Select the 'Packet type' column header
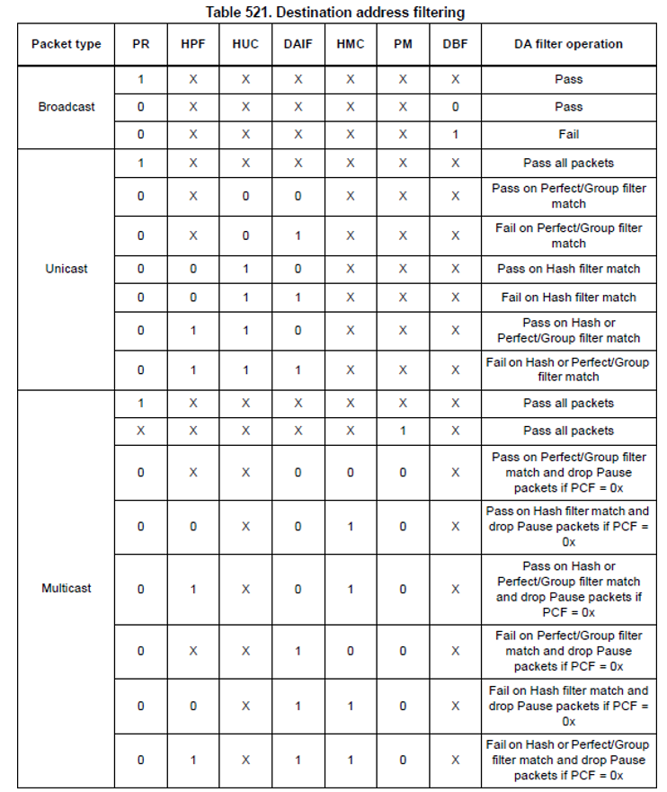pos(66,43)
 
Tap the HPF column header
pos(193,43)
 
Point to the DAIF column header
pos(298,43)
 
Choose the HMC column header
pos(351,43)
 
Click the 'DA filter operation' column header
pos(568,43)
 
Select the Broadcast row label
pos(66,106)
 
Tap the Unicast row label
pos(66,268)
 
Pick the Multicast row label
pos(66,588)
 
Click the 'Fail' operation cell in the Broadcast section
pos(568,134)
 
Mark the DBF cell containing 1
pos(455,134)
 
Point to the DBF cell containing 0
pos(455,106)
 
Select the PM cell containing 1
pos(403,431)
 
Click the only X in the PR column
pos(140,431)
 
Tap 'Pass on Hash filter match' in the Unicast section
pos(568,269)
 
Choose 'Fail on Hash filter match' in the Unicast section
pos(568,297)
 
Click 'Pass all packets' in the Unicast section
pos(568,163)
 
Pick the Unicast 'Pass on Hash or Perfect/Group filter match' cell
pos(568,330)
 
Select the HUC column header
pos(245,43)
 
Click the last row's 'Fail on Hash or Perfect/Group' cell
pos(568,760)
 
